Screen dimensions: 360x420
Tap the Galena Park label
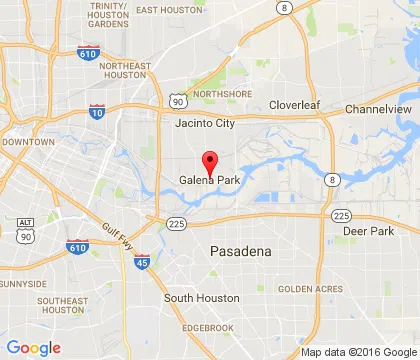pos(210,180)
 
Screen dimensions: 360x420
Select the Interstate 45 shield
pos(140,263)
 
